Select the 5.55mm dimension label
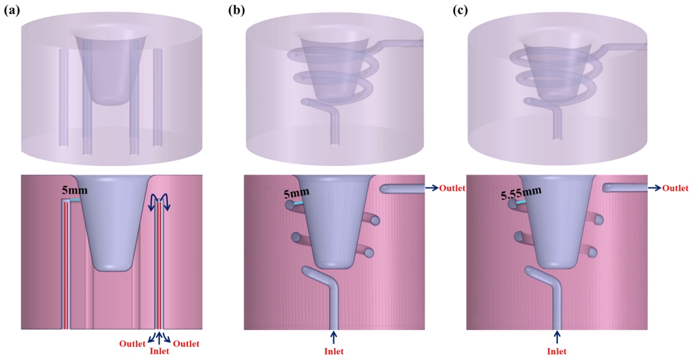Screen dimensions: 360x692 (516, 194)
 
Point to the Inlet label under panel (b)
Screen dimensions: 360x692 (335, 352)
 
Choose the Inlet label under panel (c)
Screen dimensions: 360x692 (557, 352)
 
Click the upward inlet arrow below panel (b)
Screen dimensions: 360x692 (335, 337)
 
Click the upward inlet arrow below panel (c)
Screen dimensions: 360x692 (557, 337)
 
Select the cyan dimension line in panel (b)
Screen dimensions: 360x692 (298, 203)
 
